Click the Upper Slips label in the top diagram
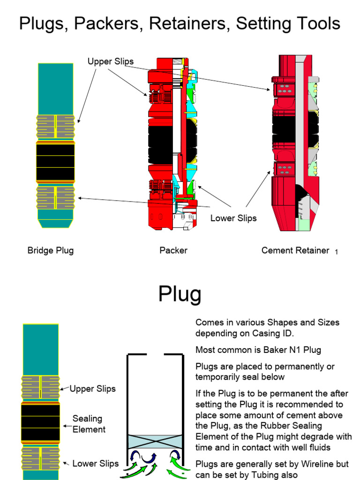[x=110, y=61]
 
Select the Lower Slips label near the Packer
[x=233, y=218]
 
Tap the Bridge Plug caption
[x=50, y=250]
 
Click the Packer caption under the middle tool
[x=173, y=250]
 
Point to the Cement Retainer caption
[x=295, y=250]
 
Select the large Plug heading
[x=180, y=294]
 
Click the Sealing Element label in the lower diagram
[x=89, y=424]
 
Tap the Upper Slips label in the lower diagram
[x=92, y=389]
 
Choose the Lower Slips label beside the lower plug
[x=95, y=464]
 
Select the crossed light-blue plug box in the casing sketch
[x=154, y=442]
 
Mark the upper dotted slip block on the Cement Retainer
[x=284, y=90]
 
